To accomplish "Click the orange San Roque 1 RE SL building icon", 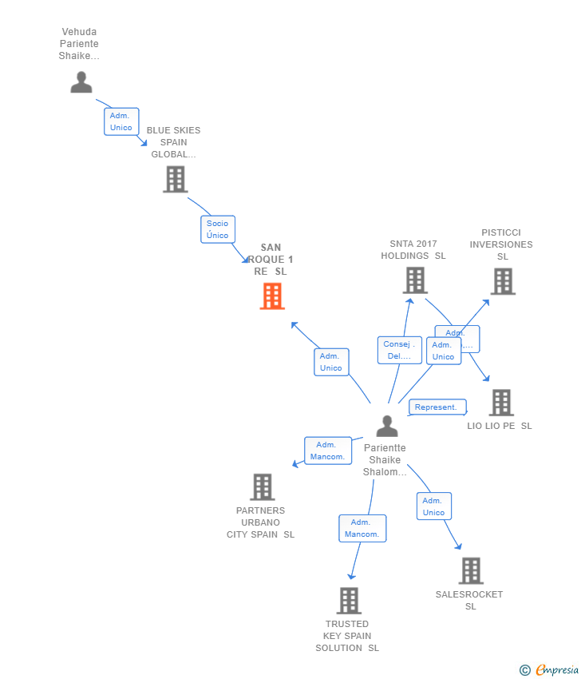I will (272, 296).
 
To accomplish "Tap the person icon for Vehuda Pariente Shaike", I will (81, 81).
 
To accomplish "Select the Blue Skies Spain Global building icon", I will (175, 179).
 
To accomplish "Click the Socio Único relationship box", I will (217, 229).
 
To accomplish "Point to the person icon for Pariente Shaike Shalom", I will (387, 427).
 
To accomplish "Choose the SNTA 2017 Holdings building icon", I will (415, 280).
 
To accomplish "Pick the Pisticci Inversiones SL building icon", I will (502, 281).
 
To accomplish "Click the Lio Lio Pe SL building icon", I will (501, 403).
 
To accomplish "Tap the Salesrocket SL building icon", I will (471, 570).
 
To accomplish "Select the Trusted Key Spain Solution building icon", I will (349, 600).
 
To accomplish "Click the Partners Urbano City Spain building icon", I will (262, 486).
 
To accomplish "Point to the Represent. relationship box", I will (437, 407).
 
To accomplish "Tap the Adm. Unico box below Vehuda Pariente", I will (121, 121).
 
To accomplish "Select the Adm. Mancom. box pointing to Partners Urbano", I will (327, 451).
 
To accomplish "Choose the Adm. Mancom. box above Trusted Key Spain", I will (362, 528).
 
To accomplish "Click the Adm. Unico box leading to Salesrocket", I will (433, 506).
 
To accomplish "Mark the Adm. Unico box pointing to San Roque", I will (331, 362).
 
